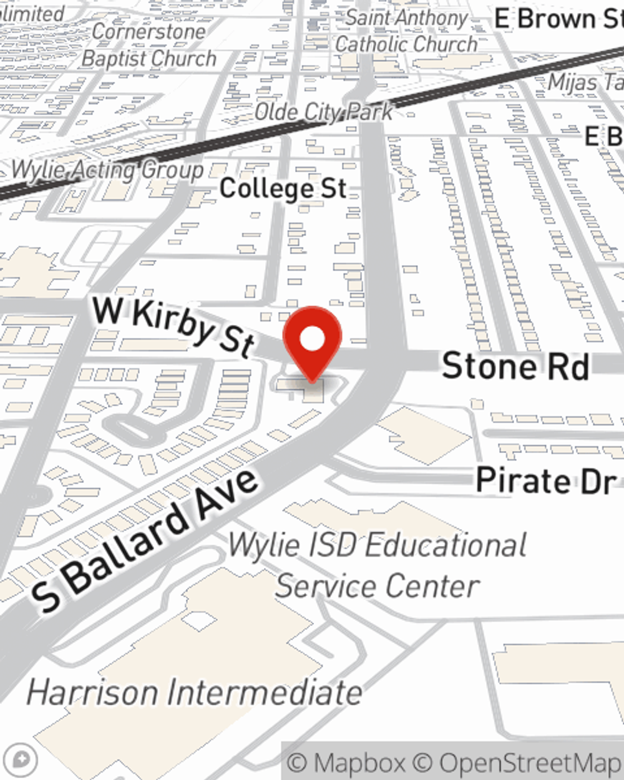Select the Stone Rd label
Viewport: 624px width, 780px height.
pos(515,366)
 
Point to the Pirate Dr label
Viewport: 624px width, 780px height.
pos(545,480)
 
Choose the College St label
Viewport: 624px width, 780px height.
pos(283,188)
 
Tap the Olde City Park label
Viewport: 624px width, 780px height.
pos(324,112)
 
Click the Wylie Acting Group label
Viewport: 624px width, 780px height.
pos(107,170)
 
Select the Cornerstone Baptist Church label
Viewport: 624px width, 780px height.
pos(149,45)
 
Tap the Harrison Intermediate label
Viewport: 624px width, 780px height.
pos(194,693)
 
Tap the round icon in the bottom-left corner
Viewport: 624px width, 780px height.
pos(21,760)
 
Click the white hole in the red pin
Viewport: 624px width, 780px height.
pos(312,339)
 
